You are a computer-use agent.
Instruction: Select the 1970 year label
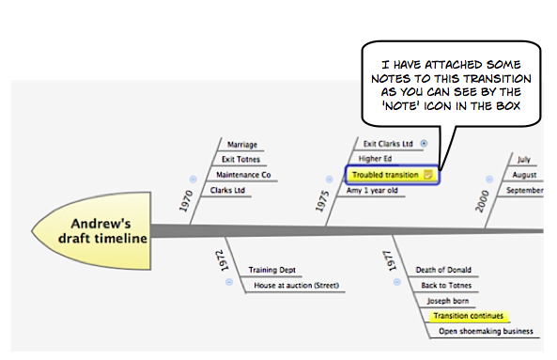pyautogui.click(x=186, y=201)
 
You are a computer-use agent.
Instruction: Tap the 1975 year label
pyautogui.click(x=322, y=201)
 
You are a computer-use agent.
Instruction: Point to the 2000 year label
pyautogui.click(x=482, y=201)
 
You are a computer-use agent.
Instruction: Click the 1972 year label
pyautogui.click(x=222, y=260)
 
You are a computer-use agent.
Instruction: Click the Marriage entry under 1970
pyautogui.click(x=242, y=145)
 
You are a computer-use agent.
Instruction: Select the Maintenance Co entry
pyautogui.click(x=243, y=175)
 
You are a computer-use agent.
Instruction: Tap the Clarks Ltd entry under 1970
pyautogui.click(x=227, y=190)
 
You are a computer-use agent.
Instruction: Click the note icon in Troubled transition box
pyautogui.click(x=428, y=175)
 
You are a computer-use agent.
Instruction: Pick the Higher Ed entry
pyautogui.click(x=375, y=159)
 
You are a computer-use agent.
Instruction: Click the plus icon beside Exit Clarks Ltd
pyautogui.click(x=424, y=144)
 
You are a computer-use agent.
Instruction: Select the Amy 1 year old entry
pyautogui.click(x=372, y=190)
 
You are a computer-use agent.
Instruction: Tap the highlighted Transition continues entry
pyautogui.click(x=469, y=316)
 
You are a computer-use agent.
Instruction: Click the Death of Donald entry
pyautogui.click(x=443, y=270)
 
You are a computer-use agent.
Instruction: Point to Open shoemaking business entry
pyautogui.click(x=486, y=331)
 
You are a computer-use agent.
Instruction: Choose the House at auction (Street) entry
pyautogui.click(x=296, y=285)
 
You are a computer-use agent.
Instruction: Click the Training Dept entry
pyautogui.click(x=272, y=270)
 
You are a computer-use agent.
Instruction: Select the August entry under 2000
pyautogui.click(x=524, y=175)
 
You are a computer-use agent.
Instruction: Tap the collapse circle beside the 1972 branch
pyautogui.click(x=229, y=282)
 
